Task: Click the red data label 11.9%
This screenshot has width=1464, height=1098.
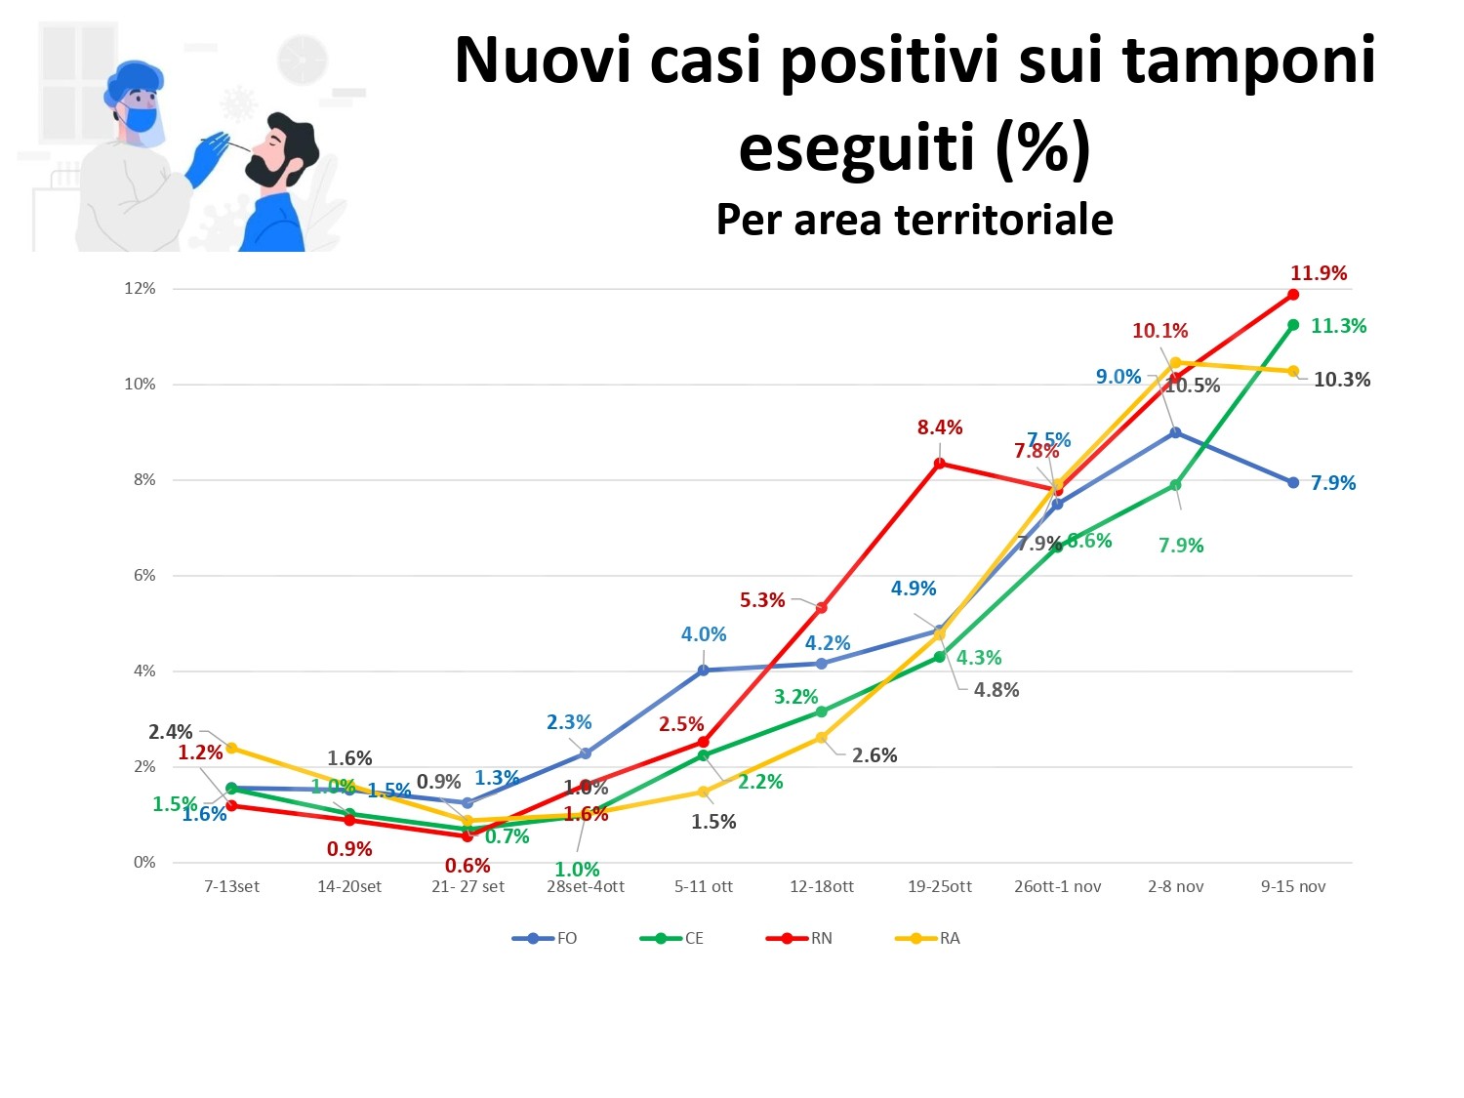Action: tap(1318, 273)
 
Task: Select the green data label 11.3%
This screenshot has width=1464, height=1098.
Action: tap(1337, 326)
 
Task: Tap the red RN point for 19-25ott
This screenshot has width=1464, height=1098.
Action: tap(939, 463)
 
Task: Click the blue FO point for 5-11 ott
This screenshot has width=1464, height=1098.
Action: tap(703, 671)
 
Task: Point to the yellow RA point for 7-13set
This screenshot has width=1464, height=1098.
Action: tap(231, 749)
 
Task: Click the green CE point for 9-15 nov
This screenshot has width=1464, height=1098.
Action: tap(1293, 325)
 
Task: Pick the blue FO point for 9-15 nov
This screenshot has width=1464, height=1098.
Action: tap(1293, 482)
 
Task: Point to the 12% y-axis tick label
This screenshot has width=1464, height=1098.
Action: tap(140, 289)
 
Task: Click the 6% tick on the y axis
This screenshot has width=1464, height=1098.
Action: tap(143, 576)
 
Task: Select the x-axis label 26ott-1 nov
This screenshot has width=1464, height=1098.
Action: tap(1057, 886)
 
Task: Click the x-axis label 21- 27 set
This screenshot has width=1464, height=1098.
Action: tap(468, 886)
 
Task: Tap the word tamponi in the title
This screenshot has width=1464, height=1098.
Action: tap(1248, 60)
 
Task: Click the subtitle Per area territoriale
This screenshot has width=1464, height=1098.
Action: tap(915, 220)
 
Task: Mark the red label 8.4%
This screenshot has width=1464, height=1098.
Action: tap(939, 427)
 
